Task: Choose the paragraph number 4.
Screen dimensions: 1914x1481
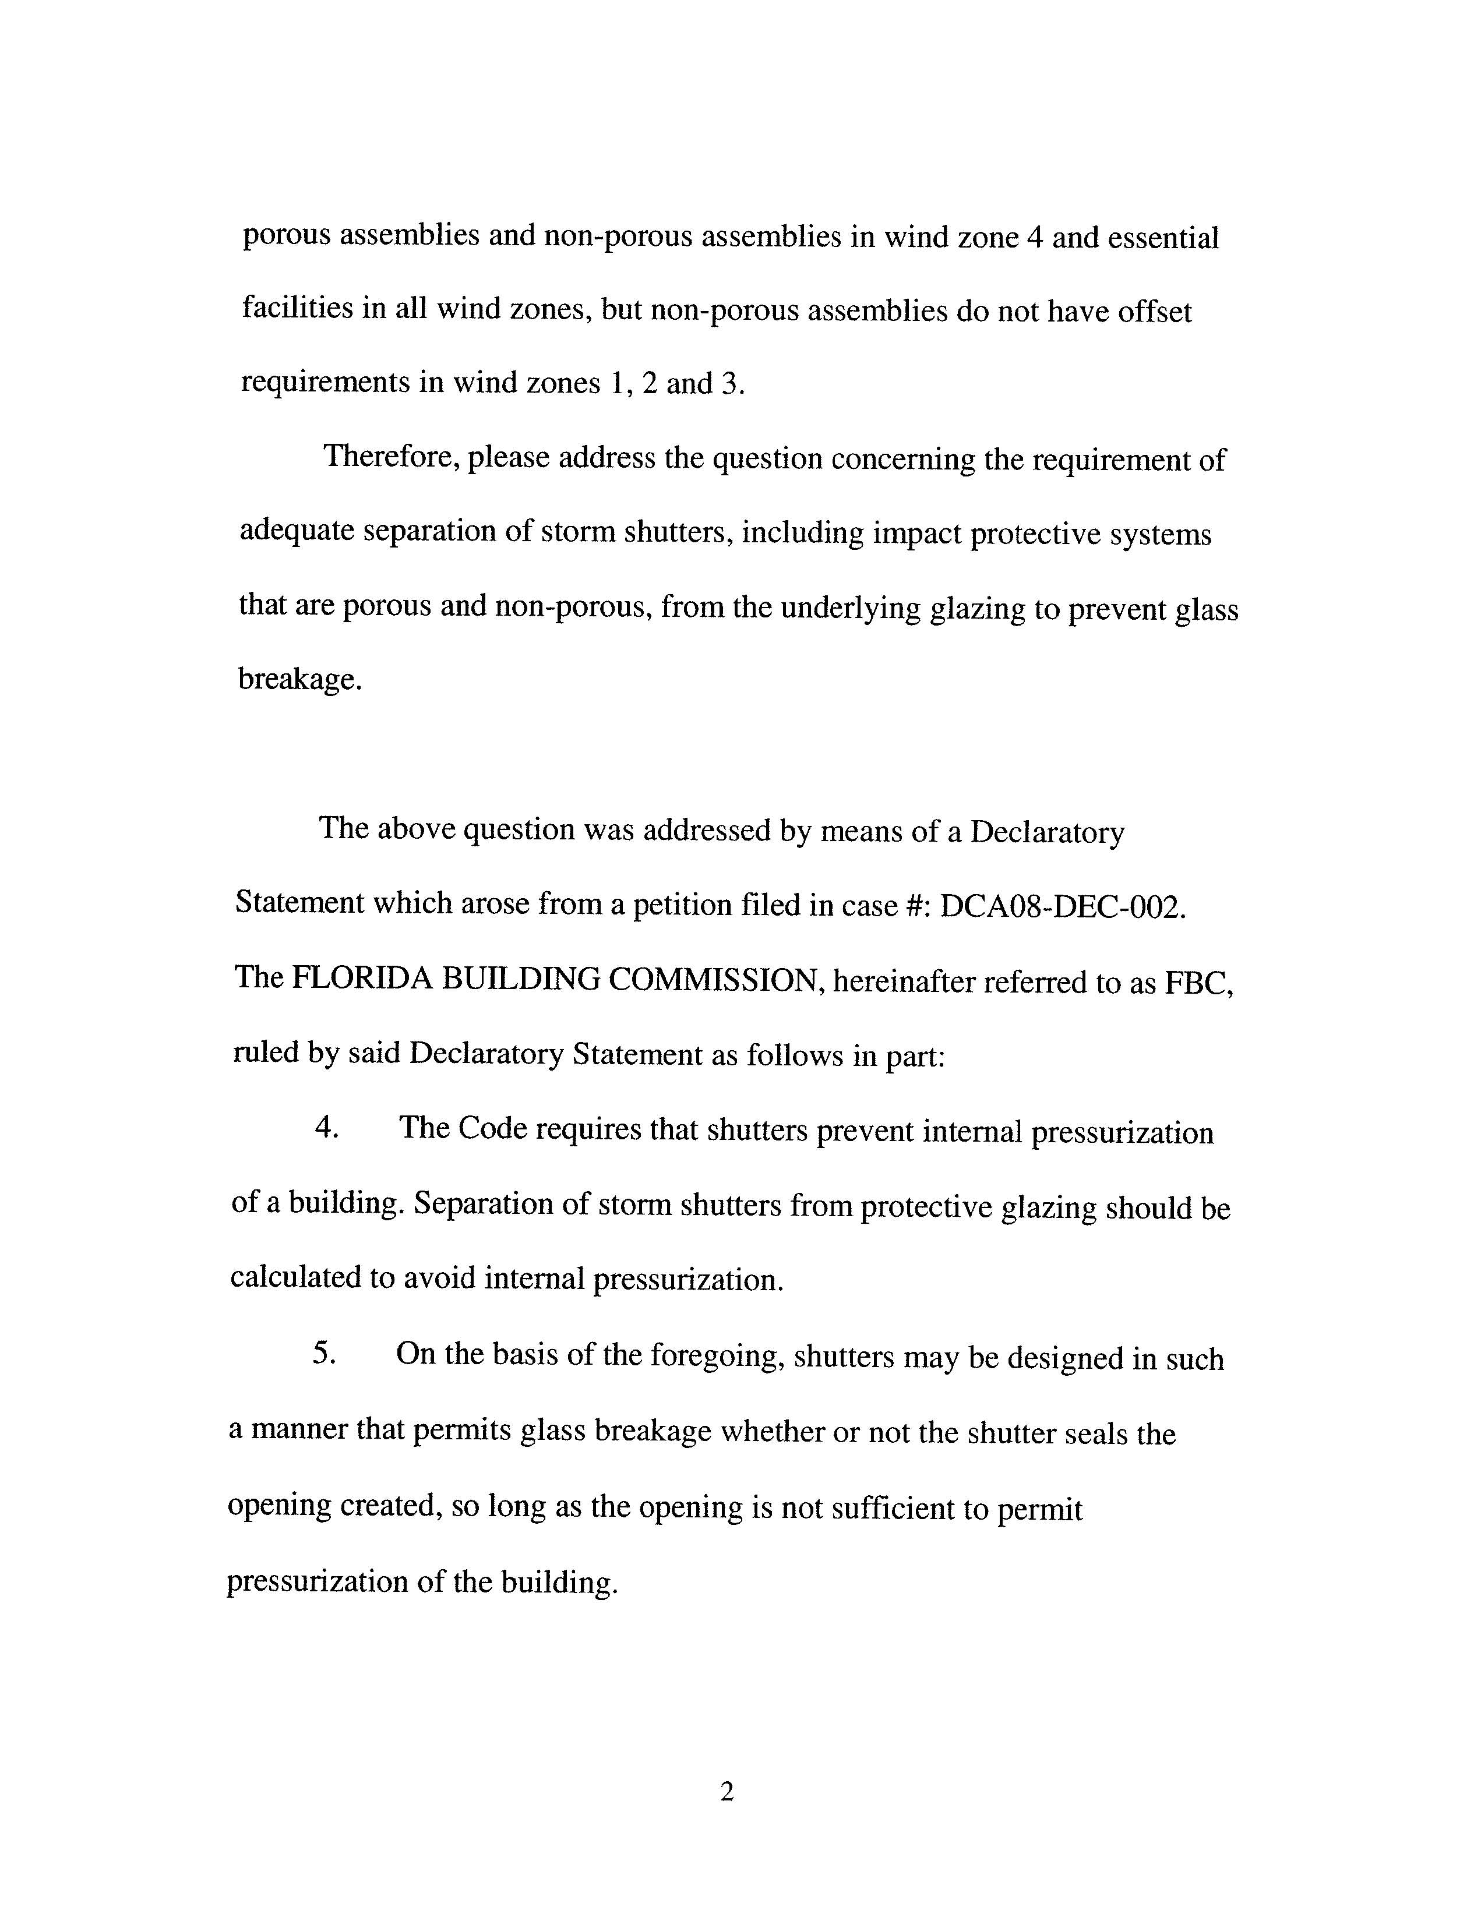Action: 326,1128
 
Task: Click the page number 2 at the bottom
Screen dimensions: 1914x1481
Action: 727,1793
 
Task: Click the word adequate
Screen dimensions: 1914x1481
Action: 295,531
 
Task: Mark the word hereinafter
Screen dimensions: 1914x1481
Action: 904,981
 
